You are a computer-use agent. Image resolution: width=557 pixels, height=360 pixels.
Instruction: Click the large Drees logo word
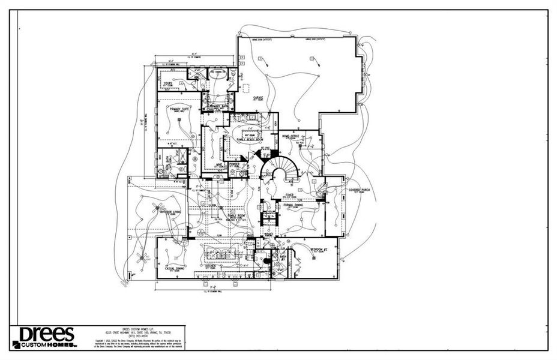[47, 334]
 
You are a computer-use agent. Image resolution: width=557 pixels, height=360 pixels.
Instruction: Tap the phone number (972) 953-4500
[139, 335]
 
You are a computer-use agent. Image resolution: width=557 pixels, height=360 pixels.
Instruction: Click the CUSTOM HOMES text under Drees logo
[49, 345]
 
